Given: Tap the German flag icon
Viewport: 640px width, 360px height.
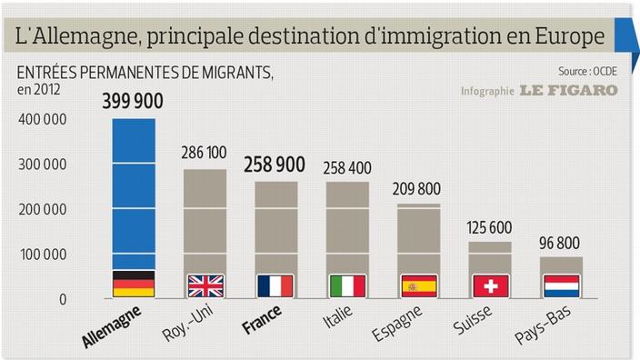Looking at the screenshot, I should (x=133, y=285).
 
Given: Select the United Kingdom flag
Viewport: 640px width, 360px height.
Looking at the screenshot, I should (x=205, y=285).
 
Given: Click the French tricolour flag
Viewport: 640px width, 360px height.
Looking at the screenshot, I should (x=275, y=285).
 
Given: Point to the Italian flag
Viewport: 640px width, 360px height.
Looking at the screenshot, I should (x=347, y=285).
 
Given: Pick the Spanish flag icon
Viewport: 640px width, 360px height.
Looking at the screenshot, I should (x=418, y=285).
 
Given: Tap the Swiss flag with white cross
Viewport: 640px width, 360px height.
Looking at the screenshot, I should (x=490, y=285).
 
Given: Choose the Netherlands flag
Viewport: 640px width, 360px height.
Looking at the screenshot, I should (x=561, y=285).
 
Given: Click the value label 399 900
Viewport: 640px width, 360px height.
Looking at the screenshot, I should (x=133, y=103).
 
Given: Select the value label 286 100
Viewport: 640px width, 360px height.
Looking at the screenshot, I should (x=205, y=153).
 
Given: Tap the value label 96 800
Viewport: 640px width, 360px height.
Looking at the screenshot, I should (x=561, y=243).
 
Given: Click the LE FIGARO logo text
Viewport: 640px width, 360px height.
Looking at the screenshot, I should (x=568, y=90).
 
